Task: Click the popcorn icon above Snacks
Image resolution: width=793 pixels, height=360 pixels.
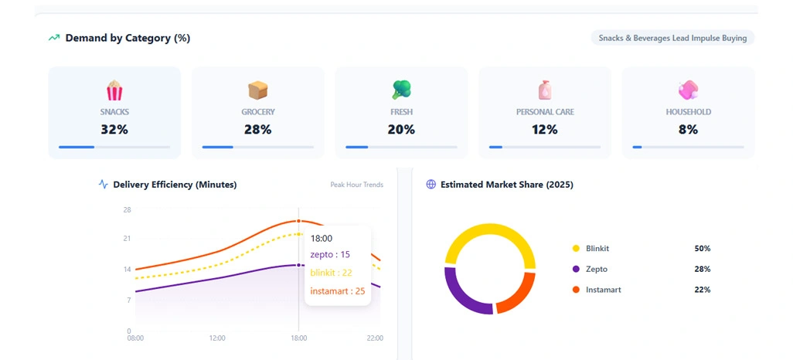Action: pos(114,90)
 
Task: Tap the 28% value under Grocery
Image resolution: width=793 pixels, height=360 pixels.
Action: pos(257,130)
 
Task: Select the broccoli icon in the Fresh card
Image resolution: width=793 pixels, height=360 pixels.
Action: pos(401,90)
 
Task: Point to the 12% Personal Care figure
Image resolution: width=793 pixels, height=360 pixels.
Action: pos(544,130)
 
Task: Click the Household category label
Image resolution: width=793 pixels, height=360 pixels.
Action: pos(688,112)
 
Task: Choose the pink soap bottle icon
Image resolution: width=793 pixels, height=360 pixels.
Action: pos(544,90)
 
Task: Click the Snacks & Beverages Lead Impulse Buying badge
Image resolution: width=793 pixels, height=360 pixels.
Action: pos(672,38)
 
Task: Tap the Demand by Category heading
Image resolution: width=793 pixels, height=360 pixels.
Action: pos(128,38)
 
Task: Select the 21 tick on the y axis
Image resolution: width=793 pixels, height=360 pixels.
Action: pos(127,239)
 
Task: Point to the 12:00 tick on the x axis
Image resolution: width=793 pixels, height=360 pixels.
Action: pos(217,338)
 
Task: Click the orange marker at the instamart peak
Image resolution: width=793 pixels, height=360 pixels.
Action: pos(299,221)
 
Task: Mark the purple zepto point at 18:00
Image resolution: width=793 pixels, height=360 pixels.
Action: pos(299,265)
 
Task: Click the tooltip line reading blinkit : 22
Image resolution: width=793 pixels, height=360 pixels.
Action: pos(331,273)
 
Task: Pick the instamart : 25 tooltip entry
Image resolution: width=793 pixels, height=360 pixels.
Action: pos(337,291)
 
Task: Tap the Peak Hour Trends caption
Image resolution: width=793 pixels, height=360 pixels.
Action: pos(356,185)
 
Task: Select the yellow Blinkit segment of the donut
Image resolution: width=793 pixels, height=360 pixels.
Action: pos(489,229)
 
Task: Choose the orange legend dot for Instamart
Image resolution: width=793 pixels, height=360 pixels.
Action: pos(576,290)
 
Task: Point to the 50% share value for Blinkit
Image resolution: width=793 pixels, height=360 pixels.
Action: pos(702,249)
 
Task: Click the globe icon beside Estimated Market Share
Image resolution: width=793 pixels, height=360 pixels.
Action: pos(431,185)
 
